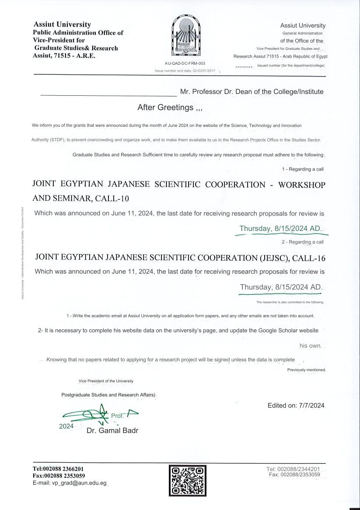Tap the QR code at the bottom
tap(187, 481)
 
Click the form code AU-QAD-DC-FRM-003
tap(185, 63)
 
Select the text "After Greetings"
tap(165, 107)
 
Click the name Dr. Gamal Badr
tap(112, 430)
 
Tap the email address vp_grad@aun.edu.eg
tap(79, 483)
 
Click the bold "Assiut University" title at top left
tap(62, 24)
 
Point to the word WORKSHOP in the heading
tap(302, 185)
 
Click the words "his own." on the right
tap(310, 346)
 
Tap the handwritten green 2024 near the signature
tap(66, 426)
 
